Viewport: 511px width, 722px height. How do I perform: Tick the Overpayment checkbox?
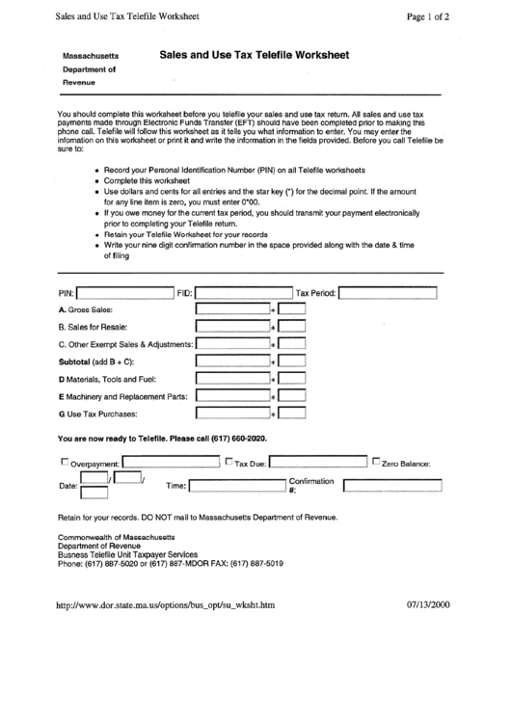pyautogui.click(x=65, y=461)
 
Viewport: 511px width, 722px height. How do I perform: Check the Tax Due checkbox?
pyautogui.click(x=229, y=461)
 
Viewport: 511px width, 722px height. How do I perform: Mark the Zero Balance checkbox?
pyautogui.click(x=376, y=461)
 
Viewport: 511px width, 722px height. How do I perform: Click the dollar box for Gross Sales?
pyautogui.click(x=231, y=309)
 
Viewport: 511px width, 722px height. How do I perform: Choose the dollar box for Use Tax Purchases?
pyautogui.click(x=231, y=414)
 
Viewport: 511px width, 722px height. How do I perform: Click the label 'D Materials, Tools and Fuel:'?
pyautogui.click(x=106, y=379)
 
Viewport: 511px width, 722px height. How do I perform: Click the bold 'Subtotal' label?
pyautogui.click(x=74, y=361)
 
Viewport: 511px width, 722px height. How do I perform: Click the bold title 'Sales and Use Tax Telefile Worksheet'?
pyautogui.click(x=255, y=56)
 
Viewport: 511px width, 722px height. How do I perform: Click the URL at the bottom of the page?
pyautogui.click(x=167, y=606)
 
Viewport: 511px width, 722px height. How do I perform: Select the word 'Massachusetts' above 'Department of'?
pyautogui.click(x=91, y=57)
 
